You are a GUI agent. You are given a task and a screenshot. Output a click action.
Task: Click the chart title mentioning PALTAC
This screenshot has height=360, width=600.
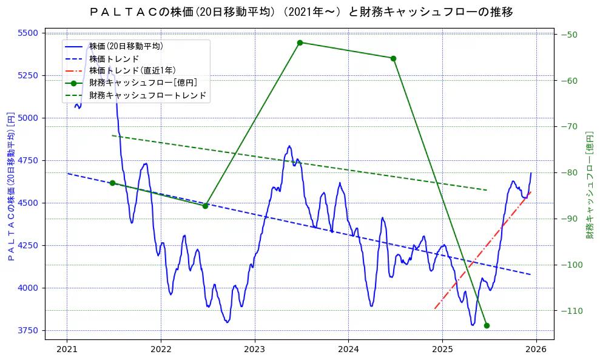click(x=300, y=12)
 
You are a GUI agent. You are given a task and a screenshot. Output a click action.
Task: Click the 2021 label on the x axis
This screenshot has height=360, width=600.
click(x=67, y=350)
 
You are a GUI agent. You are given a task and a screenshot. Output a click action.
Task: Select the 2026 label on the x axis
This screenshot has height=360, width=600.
click(x=536, y=350)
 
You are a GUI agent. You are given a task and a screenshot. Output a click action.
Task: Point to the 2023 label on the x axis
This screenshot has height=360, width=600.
click(x=254, y=350)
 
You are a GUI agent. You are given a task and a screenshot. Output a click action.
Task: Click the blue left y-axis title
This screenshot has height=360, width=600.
click(x=10, y=186)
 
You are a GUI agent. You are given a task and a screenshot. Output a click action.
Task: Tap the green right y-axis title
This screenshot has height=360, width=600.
click(x=588, y=185)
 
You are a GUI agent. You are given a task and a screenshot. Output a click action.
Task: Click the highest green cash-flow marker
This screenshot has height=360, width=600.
click(x=300, y=42)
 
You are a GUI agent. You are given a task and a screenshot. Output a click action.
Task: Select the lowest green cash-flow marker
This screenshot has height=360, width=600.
click(x=487, y=325)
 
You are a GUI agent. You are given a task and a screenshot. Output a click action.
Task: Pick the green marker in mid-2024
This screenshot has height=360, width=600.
click(x=393, y=58)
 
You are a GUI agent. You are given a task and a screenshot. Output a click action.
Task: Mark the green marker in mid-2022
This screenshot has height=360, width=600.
click(x=205, y=206)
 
